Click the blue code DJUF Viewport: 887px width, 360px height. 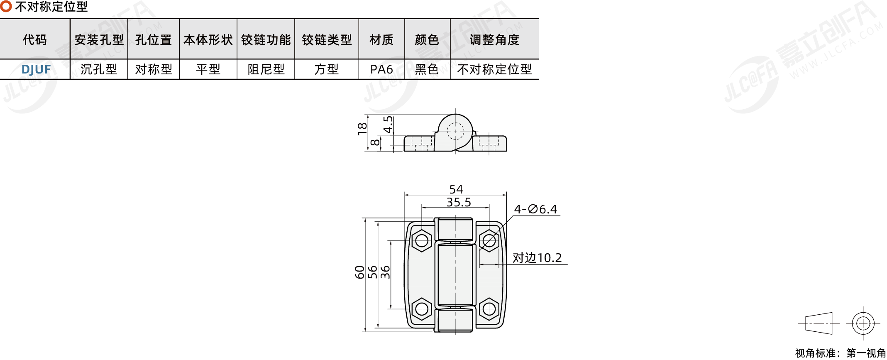36,69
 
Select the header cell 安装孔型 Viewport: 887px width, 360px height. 99,40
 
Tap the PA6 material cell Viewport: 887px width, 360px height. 381,69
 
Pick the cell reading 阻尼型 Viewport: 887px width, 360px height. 266,69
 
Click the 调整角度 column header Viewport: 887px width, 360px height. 494,40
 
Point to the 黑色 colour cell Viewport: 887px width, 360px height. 427,69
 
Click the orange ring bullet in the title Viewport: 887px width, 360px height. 6,6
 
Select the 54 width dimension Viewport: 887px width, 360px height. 456,189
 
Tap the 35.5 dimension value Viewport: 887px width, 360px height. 459,202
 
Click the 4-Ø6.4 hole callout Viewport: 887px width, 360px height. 535,209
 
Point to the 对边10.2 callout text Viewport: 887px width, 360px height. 537,258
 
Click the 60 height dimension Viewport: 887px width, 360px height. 359,272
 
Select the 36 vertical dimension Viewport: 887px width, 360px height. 386,272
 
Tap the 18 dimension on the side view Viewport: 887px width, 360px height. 362,129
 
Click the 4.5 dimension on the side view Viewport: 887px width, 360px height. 388,125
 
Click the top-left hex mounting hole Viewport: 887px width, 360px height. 422,240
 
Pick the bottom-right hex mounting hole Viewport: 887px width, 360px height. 489,309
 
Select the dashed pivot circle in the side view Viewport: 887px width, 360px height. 455,131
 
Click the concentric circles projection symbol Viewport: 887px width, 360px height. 863,323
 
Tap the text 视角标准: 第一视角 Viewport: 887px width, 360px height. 840,353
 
